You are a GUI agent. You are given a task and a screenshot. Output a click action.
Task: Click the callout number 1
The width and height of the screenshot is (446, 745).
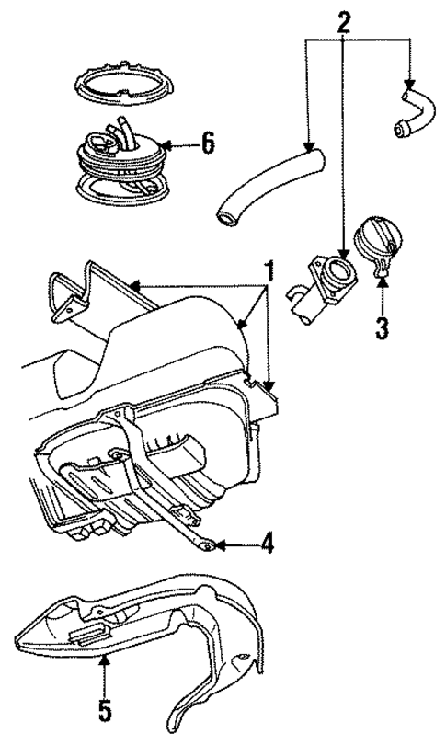[270, 272]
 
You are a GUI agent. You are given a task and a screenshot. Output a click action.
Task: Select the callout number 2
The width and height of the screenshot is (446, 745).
[343, 21]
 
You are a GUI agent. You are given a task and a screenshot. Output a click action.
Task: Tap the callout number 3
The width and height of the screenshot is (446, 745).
[383, 327]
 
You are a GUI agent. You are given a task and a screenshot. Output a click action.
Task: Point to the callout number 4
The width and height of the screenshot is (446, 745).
[267, 544]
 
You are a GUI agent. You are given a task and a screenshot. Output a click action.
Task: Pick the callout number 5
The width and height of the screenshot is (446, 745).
[104, 711]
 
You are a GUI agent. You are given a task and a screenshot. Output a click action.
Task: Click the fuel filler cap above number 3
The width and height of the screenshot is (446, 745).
[377, 243]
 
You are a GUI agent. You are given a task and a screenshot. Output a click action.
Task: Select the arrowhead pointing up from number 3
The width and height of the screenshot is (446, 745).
[383, 287]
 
